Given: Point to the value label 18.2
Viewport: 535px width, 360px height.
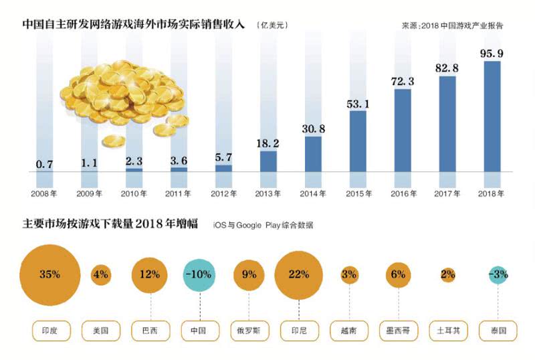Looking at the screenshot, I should (268, 144).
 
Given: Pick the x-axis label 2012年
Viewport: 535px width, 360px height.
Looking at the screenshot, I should (223, 194).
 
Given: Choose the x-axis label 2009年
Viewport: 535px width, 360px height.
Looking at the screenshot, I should (90, 194).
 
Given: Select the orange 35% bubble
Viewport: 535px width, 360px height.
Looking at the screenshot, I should (50, 274).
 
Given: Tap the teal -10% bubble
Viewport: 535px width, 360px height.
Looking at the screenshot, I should (199, 274).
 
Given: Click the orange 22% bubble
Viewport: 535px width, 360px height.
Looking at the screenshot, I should (299, 274).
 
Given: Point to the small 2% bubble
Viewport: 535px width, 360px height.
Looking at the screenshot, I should (448, 274).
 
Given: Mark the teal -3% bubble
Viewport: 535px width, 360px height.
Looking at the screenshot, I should (498, 274).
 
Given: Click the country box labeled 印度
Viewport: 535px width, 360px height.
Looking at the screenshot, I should (51, 331).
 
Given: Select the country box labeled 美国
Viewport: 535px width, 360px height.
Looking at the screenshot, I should (100, 331).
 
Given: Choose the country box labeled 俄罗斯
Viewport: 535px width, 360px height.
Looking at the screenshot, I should (249, 331).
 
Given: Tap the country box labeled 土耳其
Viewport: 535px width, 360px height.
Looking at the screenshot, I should (448, 331).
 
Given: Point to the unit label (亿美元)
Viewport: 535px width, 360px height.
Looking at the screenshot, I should (273, 25).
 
